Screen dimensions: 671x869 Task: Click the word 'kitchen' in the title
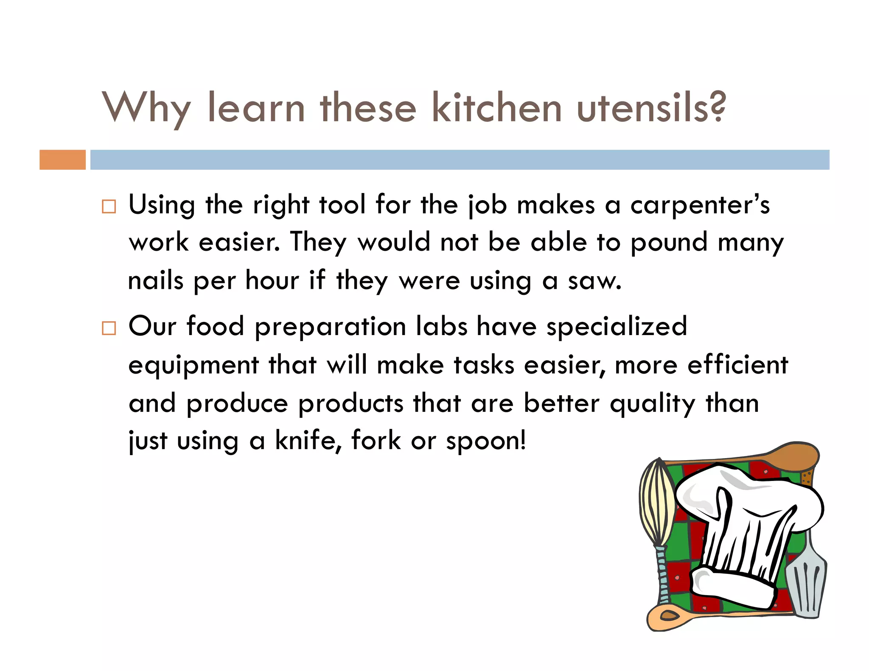[496, 108]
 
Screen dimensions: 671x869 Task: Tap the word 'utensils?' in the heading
[651, 108]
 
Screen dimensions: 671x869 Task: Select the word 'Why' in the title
[146, 108]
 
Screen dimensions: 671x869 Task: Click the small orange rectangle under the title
[62, 160]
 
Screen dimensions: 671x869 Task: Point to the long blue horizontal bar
[460, 160]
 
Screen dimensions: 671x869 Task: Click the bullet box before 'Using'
[109, 207]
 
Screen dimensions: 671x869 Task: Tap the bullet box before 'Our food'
[109, 328]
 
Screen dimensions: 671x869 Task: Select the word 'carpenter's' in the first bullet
[700, 206]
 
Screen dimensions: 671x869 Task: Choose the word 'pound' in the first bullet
[669, 243]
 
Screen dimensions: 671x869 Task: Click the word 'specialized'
[617, 327]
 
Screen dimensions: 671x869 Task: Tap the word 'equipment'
[193, 366]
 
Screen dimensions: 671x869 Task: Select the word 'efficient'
[737, 365]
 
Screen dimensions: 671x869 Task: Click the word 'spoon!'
[486, 442]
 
